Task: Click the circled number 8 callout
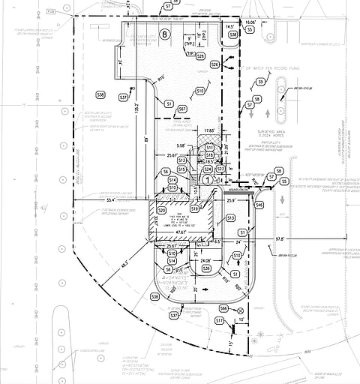pos(164,34)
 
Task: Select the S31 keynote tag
pos(124,98)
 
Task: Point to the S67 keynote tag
pos(181,109)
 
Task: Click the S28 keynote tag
pos(214,65)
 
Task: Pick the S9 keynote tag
pos(260,81)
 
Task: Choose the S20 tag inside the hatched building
pos(163,211)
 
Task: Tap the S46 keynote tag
pos(259,204)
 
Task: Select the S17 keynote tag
pos(219,321)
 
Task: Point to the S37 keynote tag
pos(173,316)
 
